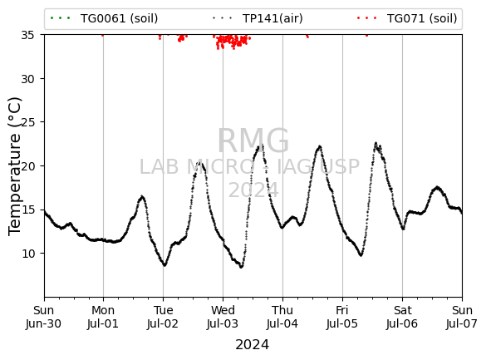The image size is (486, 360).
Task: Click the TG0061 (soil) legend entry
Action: tap(104, 18)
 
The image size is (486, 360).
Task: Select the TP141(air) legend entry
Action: tap(258, 18)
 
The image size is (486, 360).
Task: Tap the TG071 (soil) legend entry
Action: tap(406, 18)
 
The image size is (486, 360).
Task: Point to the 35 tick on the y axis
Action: tap(27, 35)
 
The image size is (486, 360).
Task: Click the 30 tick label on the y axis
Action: tap(27, 79)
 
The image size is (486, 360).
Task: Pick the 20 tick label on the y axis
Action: tap(27, 166)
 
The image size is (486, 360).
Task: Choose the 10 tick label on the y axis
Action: tap(27, 254)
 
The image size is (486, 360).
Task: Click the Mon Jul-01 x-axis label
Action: tap(103, 317)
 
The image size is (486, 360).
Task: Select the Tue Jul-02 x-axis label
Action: tap(163, 317)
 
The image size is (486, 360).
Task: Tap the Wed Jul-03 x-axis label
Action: tap(223, 317)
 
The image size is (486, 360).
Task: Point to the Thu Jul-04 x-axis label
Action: tap(282, 317)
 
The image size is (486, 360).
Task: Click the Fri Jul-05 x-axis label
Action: tap(342, 317)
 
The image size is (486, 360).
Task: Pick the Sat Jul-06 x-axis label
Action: tap(402, 317)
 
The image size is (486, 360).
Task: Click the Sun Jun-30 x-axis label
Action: tap(44, 317)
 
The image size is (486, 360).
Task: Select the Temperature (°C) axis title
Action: tap(15, 166)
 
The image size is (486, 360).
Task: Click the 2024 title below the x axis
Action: tap(253, 344)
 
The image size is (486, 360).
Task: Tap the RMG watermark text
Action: tap(253, 141)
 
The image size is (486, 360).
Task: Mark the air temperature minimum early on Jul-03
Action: tap(241, 267)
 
